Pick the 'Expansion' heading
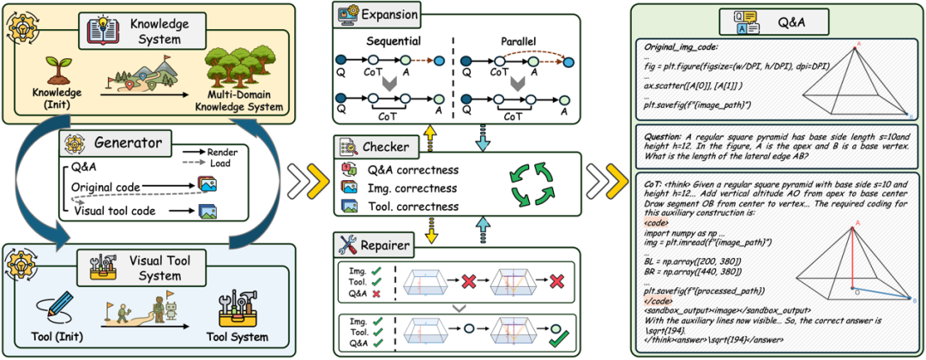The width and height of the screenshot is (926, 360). pos(388,15)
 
